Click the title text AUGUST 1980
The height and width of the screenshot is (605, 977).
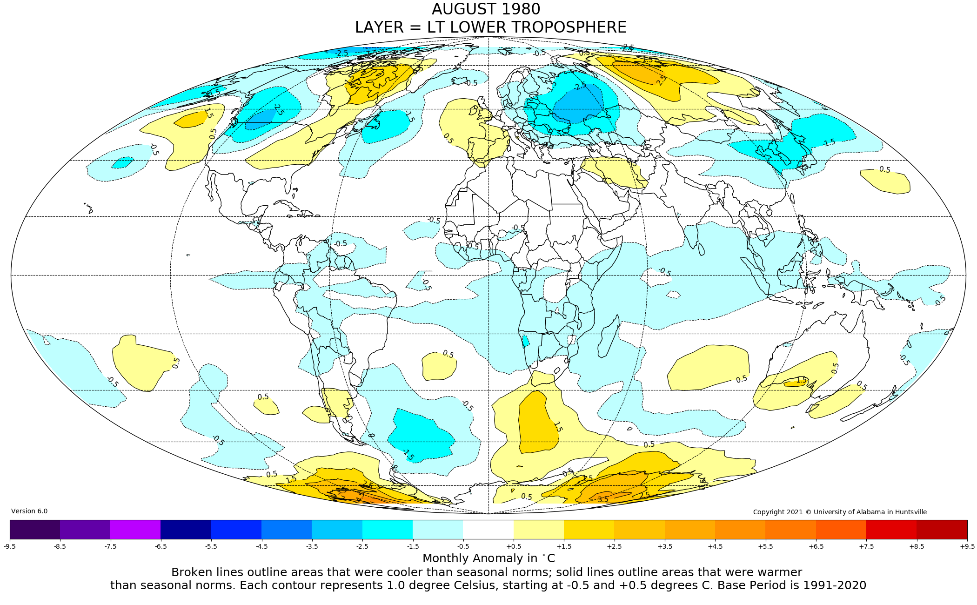486,9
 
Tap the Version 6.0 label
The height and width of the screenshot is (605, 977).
29,511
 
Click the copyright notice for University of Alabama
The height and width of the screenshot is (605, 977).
840,512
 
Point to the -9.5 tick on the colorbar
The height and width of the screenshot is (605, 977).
10,546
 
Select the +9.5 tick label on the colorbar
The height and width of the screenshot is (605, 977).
967,546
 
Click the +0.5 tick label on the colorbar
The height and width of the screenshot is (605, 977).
513,546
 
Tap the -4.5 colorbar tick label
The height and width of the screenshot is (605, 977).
261,546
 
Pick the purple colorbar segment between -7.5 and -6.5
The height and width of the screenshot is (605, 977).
135,529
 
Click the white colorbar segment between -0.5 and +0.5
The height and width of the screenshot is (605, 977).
488,529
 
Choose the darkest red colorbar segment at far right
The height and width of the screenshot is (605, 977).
942,529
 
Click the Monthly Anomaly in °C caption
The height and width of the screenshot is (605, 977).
488,558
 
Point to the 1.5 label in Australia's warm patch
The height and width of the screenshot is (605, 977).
801,380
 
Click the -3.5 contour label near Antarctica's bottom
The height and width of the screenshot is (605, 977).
602,499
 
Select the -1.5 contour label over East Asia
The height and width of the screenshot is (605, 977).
829,143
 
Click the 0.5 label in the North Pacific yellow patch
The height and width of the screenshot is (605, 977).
884,170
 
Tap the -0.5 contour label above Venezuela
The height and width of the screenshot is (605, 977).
341,243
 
